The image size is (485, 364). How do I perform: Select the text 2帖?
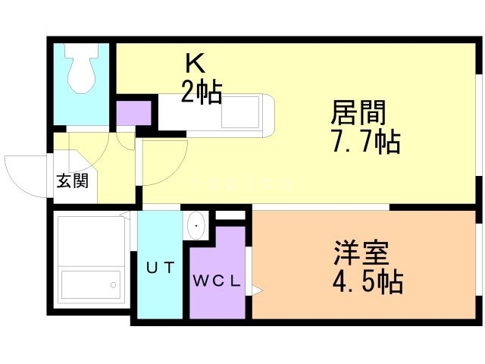coord(201,92)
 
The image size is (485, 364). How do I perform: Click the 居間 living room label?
coord(358,113)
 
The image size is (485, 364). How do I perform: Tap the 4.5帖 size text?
coord(367,281)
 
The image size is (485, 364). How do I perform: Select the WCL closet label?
coord(216,281)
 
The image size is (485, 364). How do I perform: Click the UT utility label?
coord(160,267)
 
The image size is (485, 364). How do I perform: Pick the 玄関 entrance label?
coord(72,181)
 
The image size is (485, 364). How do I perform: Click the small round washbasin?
coord(197,225)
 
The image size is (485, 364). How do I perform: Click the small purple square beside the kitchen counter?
coord(133,112)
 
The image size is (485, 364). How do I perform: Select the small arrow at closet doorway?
coord(257,289)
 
